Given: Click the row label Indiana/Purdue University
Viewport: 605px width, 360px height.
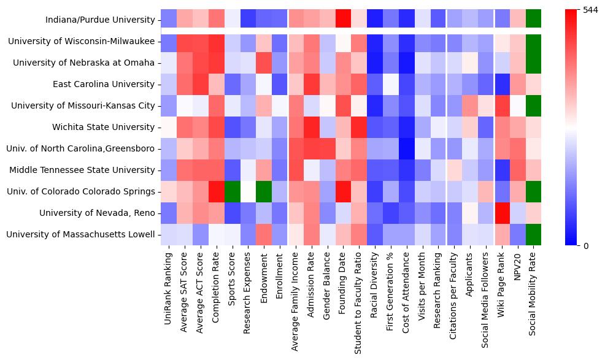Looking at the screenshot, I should coord(101,20).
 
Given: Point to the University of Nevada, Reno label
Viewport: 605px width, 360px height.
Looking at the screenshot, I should coord(97,213).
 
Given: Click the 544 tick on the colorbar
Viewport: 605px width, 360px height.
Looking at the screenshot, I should coord(590,10).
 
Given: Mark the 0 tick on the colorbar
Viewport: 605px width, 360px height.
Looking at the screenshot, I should coord(585,245).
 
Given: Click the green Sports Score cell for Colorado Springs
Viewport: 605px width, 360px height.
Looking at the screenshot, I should coord(232,191).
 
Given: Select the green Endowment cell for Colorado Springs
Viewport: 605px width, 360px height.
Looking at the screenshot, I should coord(264,191).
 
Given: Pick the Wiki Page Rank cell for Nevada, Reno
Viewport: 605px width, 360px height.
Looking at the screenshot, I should coord(502,213).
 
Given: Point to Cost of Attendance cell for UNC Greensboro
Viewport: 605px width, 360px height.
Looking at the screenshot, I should coord(407,148).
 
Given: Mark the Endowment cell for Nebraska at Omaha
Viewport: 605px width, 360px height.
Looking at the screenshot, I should coord(264,63).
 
